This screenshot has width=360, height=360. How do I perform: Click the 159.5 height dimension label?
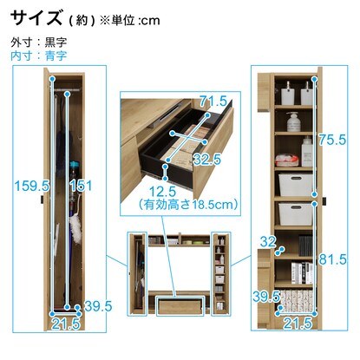32,186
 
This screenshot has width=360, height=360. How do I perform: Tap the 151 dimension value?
81,186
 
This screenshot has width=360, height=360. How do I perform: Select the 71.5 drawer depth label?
213,101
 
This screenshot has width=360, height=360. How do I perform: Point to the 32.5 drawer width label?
207,160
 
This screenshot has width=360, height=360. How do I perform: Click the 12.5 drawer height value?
163,192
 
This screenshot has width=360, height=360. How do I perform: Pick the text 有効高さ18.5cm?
188,205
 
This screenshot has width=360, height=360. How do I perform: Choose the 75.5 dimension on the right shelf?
332,140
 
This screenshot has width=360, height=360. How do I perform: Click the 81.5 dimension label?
332,259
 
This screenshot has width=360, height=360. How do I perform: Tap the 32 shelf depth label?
268,241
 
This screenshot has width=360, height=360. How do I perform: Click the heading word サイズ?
36,18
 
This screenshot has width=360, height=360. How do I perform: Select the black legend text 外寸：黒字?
39,43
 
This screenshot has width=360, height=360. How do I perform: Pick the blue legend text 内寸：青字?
39,56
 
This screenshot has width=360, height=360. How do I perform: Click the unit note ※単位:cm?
129,20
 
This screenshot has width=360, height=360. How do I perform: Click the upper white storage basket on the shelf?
296,184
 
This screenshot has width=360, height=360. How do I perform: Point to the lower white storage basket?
296,213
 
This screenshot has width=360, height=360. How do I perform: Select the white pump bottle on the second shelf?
294,121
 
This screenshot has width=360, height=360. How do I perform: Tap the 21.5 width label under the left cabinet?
66,324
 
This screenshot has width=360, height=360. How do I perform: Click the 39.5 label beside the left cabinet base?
98,306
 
